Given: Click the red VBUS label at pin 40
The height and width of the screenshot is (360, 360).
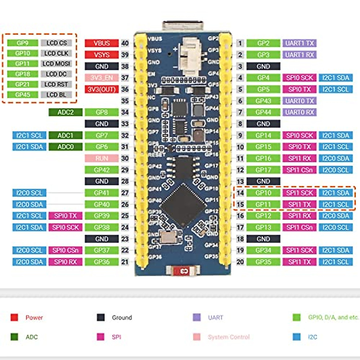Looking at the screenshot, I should coord(102,43).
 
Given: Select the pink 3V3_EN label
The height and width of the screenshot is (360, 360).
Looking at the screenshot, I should coord(102,78).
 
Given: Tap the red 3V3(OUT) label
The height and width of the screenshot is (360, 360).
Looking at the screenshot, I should coord(102,89).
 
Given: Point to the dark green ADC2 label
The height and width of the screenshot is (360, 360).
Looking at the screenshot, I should coord(65,112).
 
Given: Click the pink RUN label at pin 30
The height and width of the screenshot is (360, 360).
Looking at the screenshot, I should coord(102,158).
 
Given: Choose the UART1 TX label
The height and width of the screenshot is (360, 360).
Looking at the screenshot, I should coord(299,43).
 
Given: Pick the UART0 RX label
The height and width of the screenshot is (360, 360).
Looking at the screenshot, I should coord(299,112).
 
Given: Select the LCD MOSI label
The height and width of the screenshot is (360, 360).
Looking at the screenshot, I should coord(56,64).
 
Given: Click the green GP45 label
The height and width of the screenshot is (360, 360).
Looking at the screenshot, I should coord(22,95).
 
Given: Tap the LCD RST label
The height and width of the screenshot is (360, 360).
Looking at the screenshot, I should coord(56,84).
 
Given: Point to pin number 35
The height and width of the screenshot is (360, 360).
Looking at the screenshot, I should coord(125,101).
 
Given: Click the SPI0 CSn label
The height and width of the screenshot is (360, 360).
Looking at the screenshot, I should coord(65,250).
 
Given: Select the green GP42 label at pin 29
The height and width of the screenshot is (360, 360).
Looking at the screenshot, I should coord(102,170).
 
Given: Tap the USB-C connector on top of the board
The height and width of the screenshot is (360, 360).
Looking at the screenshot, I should coord(182,26).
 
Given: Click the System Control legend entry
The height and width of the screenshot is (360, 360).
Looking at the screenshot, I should coord(228,337).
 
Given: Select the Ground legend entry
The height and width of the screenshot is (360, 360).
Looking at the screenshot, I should coord(121,318).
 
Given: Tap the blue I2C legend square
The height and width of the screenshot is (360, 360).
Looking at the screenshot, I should coord(296,337).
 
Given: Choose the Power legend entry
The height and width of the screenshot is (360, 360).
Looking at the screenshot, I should coord(34,318).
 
